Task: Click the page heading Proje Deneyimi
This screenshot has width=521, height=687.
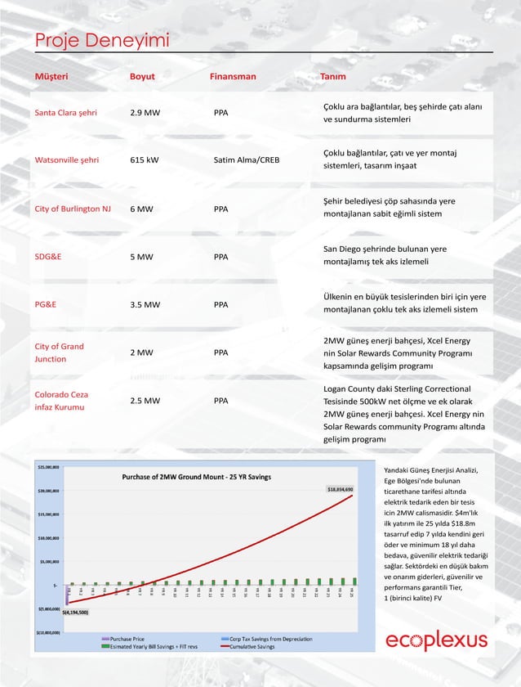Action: [x=101, y=41]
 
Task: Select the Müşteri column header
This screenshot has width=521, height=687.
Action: [x=51, y=77]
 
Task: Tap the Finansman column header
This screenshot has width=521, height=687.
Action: [x=233, y=77]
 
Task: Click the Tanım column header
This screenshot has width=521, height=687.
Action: [x=332, y=77]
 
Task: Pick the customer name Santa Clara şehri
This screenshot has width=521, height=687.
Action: [x=65, y=113]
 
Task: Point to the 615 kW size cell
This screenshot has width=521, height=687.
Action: [x=144, y=160]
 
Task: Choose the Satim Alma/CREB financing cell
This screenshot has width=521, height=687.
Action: [x=246, y=160]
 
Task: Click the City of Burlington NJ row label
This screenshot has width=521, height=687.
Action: [x=73, y=209]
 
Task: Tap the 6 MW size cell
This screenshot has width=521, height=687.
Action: [x=141, y=209]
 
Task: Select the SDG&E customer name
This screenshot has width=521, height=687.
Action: [x=47, y=257]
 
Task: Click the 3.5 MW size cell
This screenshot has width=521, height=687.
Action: [x=145, y=305]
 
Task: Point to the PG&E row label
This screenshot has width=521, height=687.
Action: [x=46, y=305]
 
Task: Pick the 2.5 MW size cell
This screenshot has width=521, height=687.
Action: [x=145, y=402]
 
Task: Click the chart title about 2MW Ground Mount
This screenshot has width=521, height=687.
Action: [x=196, y=477]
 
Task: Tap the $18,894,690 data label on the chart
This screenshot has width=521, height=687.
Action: [x=340, y=489]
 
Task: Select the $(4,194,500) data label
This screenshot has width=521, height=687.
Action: [x=75, y=612]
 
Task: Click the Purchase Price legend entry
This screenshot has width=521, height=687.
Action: [x=127, y=639]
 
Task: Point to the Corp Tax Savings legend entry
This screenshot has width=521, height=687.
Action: [x=270, y=639]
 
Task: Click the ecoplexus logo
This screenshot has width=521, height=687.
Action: [x=436, y=641]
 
